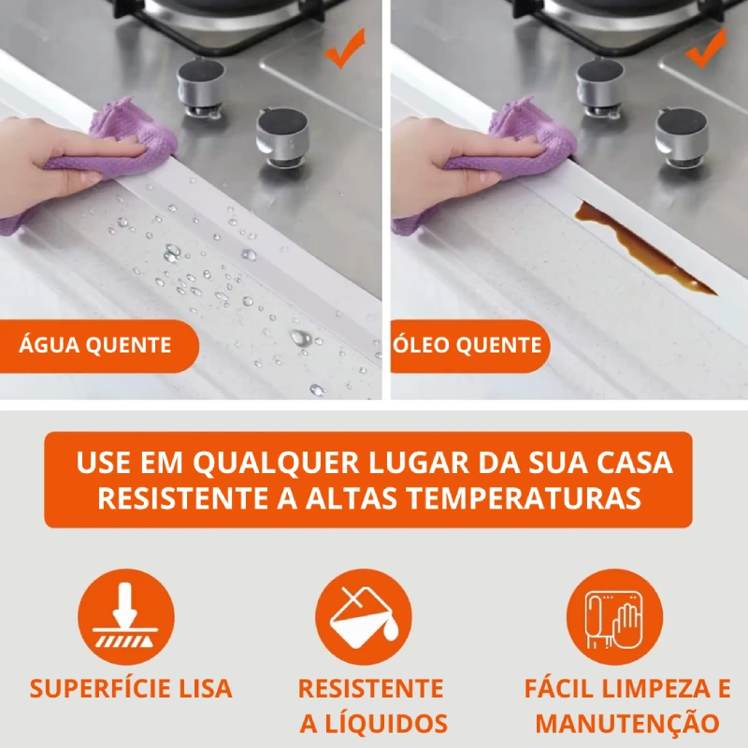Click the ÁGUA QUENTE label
pos(95,345)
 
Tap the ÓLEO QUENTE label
pos(467,345)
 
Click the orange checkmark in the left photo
pos(344,49)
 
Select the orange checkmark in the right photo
pos(706,49)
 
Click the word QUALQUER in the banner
pos(276,462)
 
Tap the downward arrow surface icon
pos(126,616)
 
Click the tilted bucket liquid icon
pos(364,616)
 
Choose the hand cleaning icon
pos(614,616)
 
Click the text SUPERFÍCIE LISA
pos(131,688)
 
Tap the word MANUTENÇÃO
pos(627,723)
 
